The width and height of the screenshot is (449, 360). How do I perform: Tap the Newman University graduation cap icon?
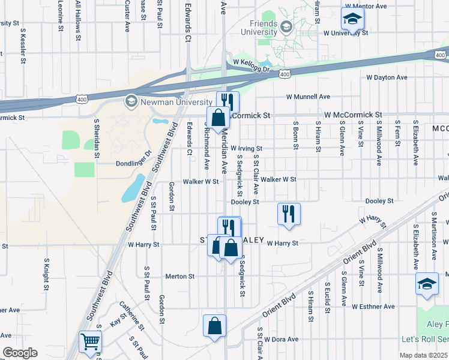coord(130,101)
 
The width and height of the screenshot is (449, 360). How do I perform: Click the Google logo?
coord(20,353)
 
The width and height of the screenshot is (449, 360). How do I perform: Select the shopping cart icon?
coord(90,341)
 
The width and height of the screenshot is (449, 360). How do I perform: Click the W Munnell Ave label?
coord(308,96)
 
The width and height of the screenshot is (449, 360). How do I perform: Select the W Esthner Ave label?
coord(373,307)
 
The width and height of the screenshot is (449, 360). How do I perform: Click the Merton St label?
coord(180,276)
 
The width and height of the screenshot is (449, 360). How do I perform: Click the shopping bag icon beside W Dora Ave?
coord(214,326)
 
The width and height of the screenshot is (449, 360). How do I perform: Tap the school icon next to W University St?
coord(352,18)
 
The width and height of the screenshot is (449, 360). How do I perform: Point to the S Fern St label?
coord(397,135)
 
